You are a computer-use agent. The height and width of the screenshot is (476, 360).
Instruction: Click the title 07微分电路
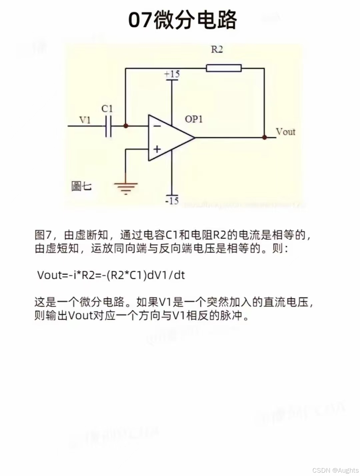(182, 20)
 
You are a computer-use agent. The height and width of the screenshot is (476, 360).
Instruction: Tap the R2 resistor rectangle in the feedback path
(224, 68)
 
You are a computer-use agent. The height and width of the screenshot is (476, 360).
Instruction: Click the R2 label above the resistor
(217, 50)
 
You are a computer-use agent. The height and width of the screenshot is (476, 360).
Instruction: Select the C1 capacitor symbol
(108, 126)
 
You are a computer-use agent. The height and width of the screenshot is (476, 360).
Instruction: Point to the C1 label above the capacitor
(107, 109)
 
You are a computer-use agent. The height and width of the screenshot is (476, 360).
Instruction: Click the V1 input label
(85, 120)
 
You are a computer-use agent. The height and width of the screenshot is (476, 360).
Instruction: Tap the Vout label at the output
(286, 132)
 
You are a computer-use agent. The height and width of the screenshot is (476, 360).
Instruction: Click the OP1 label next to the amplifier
(194, 119)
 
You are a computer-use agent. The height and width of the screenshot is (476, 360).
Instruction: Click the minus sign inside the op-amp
(157, 126)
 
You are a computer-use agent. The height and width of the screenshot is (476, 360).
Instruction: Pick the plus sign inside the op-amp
(157, 149)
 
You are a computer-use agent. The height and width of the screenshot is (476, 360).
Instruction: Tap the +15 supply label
(172, 74)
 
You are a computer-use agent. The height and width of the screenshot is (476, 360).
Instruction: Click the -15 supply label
(172, 201)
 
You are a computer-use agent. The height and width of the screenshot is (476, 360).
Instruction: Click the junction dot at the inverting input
(126, 126)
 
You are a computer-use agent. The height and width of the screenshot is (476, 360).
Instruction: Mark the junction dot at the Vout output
(264, 137)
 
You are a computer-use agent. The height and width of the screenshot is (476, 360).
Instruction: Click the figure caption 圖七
(81, 186)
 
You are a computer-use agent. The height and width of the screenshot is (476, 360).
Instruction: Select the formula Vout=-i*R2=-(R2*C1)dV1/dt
(111, 275)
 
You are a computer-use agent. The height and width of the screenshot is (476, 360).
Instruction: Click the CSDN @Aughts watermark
(335, 470)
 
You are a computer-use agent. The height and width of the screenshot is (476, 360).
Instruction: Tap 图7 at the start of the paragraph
(43, 235)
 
